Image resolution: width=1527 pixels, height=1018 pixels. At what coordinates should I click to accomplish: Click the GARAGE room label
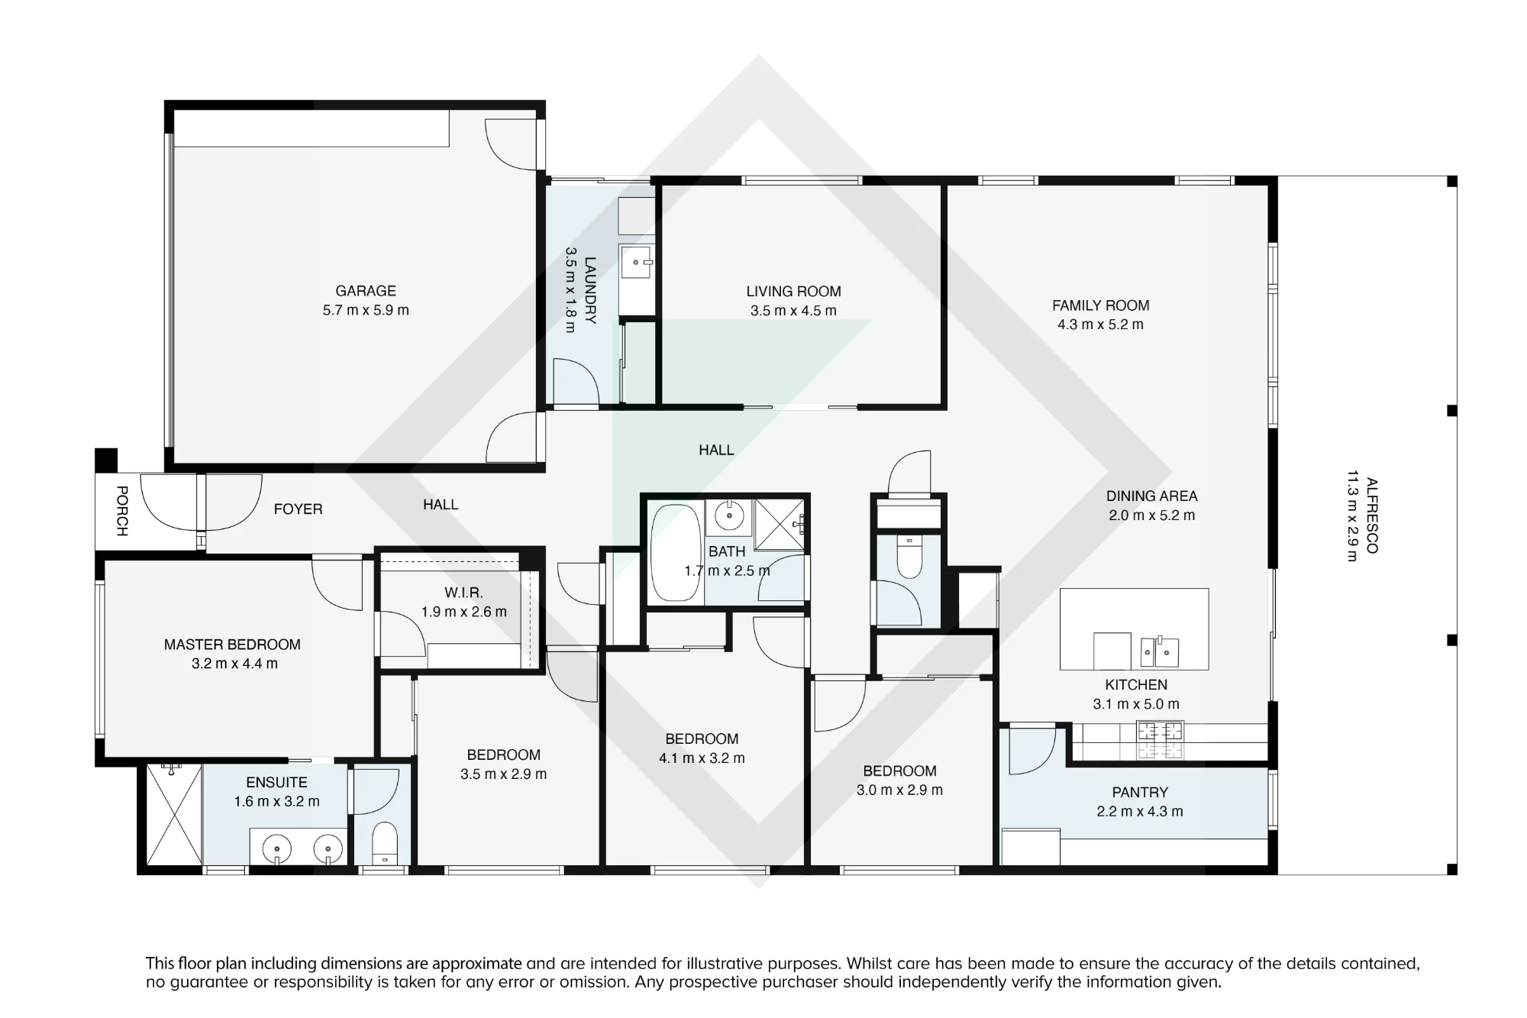pyautogui.click(x=366, y=291)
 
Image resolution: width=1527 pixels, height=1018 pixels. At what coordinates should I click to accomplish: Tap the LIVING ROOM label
pyautogui.click(x=793, y=292)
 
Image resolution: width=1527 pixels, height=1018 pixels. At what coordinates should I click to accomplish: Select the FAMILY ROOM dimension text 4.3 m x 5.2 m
pyautogui.click(x=1100, y=325)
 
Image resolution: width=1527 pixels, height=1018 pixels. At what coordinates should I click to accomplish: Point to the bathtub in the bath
pyautogui.click(x=675, y=552)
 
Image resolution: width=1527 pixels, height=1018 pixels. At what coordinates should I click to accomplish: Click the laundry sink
pyautogui.click(x=635, y=262)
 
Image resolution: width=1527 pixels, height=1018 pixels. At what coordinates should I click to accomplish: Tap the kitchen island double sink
pyautogui.click(x=1160, y=651)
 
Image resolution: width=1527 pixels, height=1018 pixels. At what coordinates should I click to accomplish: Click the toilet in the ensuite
pyautogui.click(x=384, y=843)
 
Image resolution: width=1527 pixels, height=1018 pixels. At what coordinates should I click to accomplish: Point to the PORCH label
pyautogui.click(x=121, y=511)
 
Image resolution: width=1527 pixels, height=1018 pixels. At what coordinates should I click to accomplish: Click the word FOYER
pyautogui.click(x=298, y=509)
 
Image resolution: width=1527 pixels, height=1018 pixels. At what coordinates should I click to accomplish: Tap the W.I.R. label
pyautogui.click(x=463, y=593)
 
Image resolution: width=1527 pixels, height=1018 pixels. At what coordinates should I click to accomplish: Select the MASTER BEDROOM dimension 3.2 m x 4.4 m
pyautogui.click(x=234, y=664)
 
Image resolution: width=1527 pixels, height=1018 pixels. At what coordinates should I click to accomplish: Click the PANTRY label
pyautogui.click(x=1140, y=793)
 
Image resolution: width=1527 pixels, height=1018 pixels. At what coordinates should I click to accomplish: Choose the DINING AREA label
pyautogui.click(x=1151, y=496)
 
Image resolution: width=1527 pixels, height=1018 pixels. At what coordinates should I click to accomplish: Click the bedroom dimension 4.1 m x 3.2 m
pyautogui.click(x=702, y=758)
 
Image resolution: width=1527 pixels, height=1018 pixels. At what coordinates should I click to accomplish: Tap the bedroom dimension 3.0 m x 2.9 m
pyautogui.click(x=899, y=790)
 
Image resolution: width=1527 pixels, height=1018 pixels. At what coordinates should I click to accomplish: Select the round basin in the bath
pyautogui.click(x=729, y=517)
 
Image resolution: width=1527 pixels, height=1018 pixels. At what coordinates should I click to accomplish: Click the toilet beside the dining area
pyautogui.click(x=909, y=557)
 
